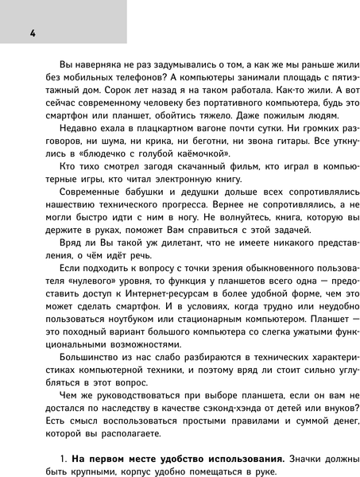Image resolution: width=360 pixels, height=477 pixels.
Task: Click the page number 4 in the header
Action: click(x=32, y=33)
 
